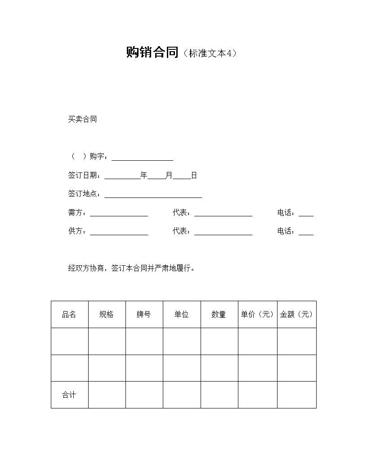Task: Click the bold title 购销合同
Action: (x=152, y=53)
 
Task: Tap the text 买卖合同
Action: (x=82, y=119)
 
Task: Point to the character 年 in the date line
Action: (x=144, y=176)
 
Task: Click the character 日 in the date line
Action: (x=194, y=176)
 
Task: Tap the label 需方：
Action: (x=79, y=213)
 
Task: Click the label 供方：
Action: (x=79, y=231)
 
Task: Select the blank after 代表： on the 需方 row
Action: (x=223, y=214)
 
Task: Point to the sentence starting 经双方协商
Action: (x=131, y=268)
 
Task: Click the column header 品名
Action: (x=69, y=315)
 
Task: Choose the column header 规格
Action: (x=107, y=315)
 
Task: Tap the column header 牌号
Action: (x=144, y=315)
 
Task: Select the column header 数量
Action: (x=219, y=315)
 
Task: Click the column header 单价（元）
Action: (x=257, y=315)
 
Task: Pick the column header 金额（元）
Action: (x=296, y=315)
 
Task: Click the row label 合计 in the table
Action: (x=69, y=395)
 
